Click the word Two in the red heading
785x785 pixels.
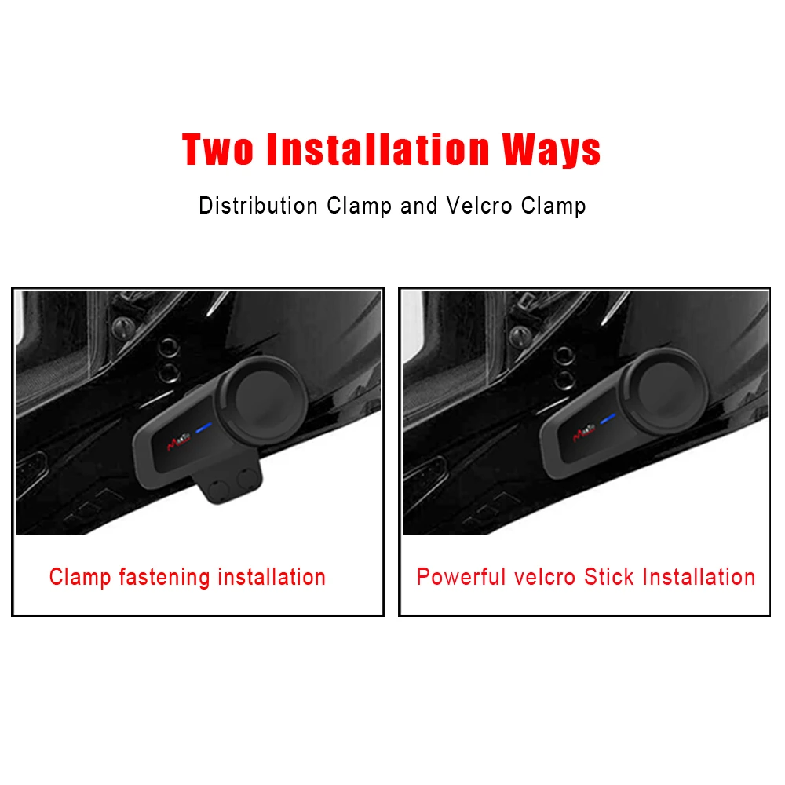coord(218,148)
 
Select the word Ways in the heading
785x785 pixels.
coord(553,148)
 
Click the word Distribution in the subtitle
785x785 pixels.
coord(258,206)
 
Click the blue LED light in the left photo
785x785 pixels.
coord(205,429)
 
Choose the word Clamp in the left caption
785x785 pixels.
coord(81,578)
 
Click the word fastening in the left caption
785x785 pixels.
coord(165,578)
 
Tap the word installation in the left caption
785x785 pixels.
coord(272,578)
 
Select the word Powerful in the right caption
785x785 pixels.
coord(462,578)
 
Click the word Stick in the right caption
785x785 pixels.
coord(610,578)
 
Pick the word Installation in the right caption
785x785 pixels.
coord(699,578)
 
